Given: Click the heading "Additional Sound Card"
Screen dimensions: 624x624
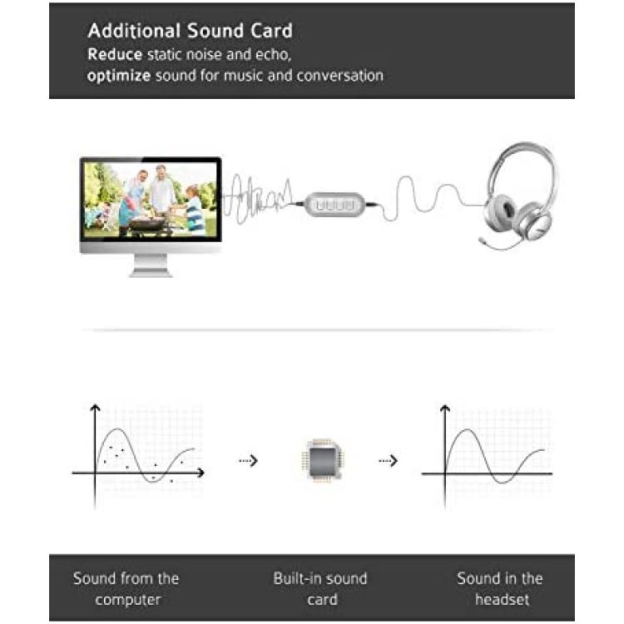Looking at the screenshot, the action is [191, 31].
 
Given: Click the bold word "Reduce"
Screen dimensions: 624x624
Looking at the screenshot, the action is [115, 55].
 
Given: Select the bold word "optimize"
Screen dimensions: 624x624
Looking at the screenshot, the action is [119, 76].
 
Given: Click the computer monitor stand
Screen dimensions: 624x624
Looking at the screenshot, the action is [151, 265].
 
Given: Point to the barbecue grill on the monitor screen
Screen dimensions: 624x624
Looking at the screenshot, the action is [146, 224].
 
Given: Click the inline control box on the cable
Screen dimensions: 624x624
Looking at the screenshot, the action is [334, 205].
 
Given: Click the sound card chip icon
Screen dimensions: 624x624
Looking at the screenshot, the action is [323, 460].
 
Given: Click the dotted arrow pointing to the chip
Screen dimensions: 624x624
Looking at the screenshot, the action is [248, 461].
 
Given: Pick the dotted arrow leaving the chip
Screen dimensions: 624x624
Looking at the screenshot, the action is [388, 461].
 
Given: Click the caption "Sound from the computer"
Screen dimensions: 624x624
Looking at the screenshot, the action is [126, 588].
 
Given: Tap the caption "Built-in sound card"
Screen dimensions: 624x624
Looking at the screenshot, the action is [321, 588].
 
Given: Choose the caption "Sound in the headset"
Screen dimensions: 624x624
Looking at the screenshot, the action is [500, 588].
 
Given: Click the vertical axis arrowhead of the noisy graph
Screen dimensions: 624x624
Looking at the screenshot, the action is [95, 407].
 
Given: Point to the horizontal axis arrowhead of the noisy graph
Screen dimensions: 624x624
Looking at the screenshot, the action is [201, 473].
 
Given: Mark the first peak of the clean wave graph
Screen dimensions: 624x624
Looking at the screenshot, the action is [467, 430].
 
